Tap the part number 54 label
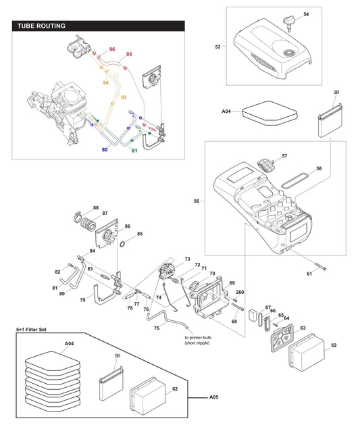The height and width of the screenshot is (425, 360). click(x=306, y=14)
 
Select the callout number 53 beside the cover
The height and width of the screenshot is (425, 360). click(x=217, y=47)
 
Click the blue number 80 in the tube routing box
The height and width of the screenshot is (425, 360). click(x=105, y=149)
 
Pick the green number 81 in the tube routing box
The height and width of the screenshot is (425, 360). click(x=134, y=150)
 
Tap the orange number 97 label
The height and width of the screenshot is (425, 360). click(x=124, y=98)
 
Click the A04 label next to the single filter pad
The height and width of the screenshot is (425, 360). click(x=226, y=111)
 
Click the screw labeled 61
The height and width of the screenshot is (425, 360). click(x=319, y=266)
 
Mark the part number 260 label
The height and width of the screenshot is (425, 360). click(x=239, y=292)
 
